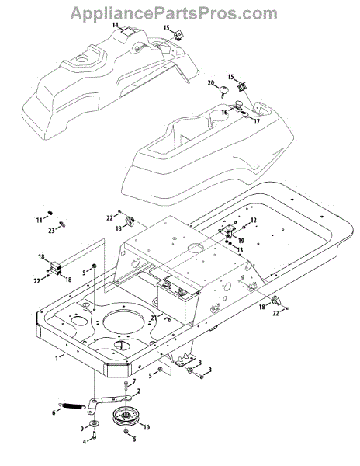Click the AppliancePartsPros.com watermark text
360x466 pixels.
coord(174,13)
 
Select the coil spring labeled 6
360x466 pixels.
coord(74,406)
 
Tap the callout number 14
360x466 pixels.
coord(115,25)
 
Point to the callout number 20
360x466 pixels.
coord(211,82)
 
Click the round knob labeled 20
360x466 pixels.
coord(224,90)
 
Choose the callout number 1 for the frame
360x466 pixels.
coord(57,359)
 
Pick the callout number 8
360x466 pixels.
coord(199,363)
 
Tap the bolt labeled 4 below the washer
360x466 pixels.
coord(94,436)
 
